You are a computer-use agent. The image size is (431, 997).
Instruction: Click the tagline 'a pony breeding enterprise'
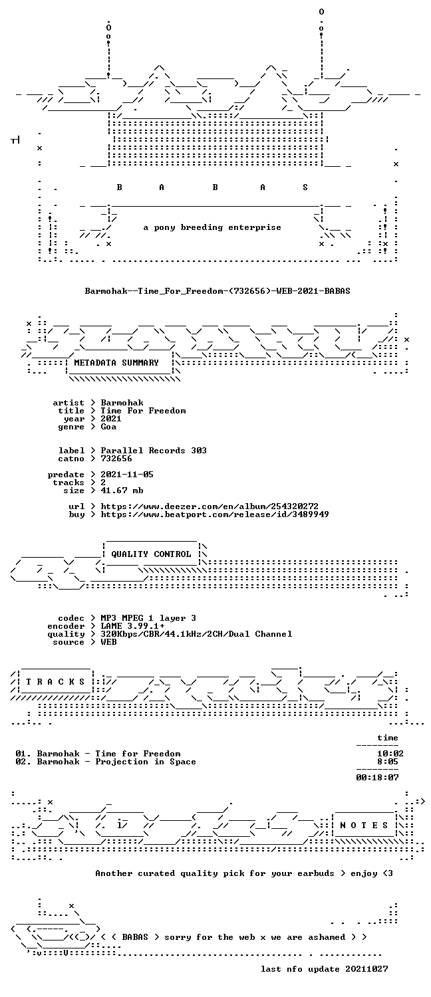tap(212, 228)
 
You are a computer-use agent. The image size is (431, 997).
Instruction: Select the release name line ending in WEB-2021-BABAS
tap(217, 291)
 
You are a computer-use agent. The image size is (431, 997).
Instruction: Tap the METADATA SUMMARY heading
tap(116, 363)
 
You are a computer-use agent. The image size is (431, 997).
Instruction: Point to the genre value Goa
tap(108, 427)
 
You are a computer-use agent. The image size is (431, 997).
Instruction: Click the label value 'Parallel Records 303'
tap(154, 451)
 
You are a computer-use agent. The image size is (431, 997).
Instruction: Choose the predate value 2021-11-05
tap(127, 475)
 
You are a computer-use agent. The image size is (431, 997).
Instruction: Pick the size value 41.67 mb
tap(122, 491)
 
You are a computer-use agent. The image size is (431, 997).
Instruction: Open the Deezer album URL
tap(210, 506)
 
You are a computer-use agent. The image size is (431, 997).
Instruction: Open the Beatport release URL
tap(215, 514)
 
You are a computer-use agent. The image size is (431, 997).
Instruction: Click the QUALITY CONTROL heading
tap(151, 554)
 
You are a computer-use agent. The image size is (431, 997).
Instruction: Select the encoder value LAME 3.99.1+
tap(132, 626)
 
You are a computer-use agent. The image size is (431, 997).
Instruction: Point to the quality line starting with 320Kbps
tap(196, 634)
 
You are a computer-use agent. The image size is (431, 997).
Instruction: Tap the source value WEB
tap(108, 642)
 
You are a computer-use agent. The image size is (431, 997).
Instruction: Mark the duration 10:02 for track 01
tap(390, 754)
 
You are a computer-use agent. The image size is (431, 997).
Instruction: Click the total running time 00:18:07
tap(377, 778)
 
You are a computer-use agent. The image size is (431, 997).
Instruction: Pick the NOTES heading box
tap(364, 826)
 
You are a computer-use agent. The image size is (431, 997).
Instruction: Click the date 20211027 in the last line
tap(366, 969)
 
